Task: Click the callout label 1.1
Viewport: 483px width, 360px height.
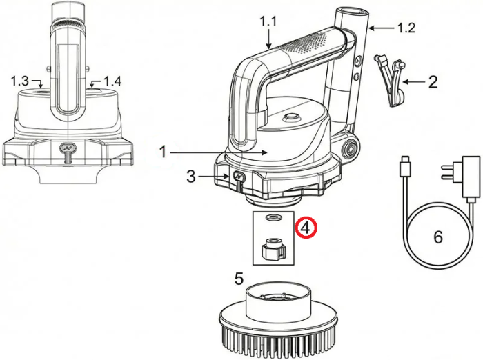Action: click(268, 21)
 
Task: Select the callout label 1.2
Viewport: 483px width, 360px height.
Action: click(406, 28)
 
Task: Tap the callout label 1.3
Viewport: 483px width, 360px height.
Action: click(20, 81)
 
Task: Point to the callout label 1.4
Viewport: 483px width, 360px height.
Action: click(112, 81)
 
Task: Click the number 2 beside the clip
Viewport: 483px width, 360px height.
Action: click(433, 82)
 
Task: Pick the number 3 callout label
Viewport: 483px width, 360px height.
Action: click(191, 177)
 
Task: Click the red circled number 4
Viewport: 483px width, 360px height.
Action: click(306, 228)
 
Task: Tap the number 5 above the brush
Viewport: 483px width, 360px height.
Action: click(239, 279)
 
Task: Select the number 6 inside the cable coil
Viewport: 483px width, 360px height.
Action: click(438, 237)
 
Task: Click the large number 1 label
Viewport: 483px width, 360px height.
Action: click(163, 152)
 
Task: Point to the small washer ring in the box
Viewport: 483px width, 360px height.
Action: click(273, 218)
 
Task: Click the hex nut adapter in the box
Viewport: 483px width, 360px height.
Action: click(273, 248)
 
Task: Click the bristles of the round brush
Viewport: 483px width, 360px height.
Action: click(279, 343)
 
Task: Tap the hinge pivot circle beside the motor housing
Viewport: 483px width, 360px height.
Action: click(350, 148)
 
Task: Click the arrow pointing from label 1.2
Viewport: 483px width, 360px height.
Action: click(382, 28)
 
